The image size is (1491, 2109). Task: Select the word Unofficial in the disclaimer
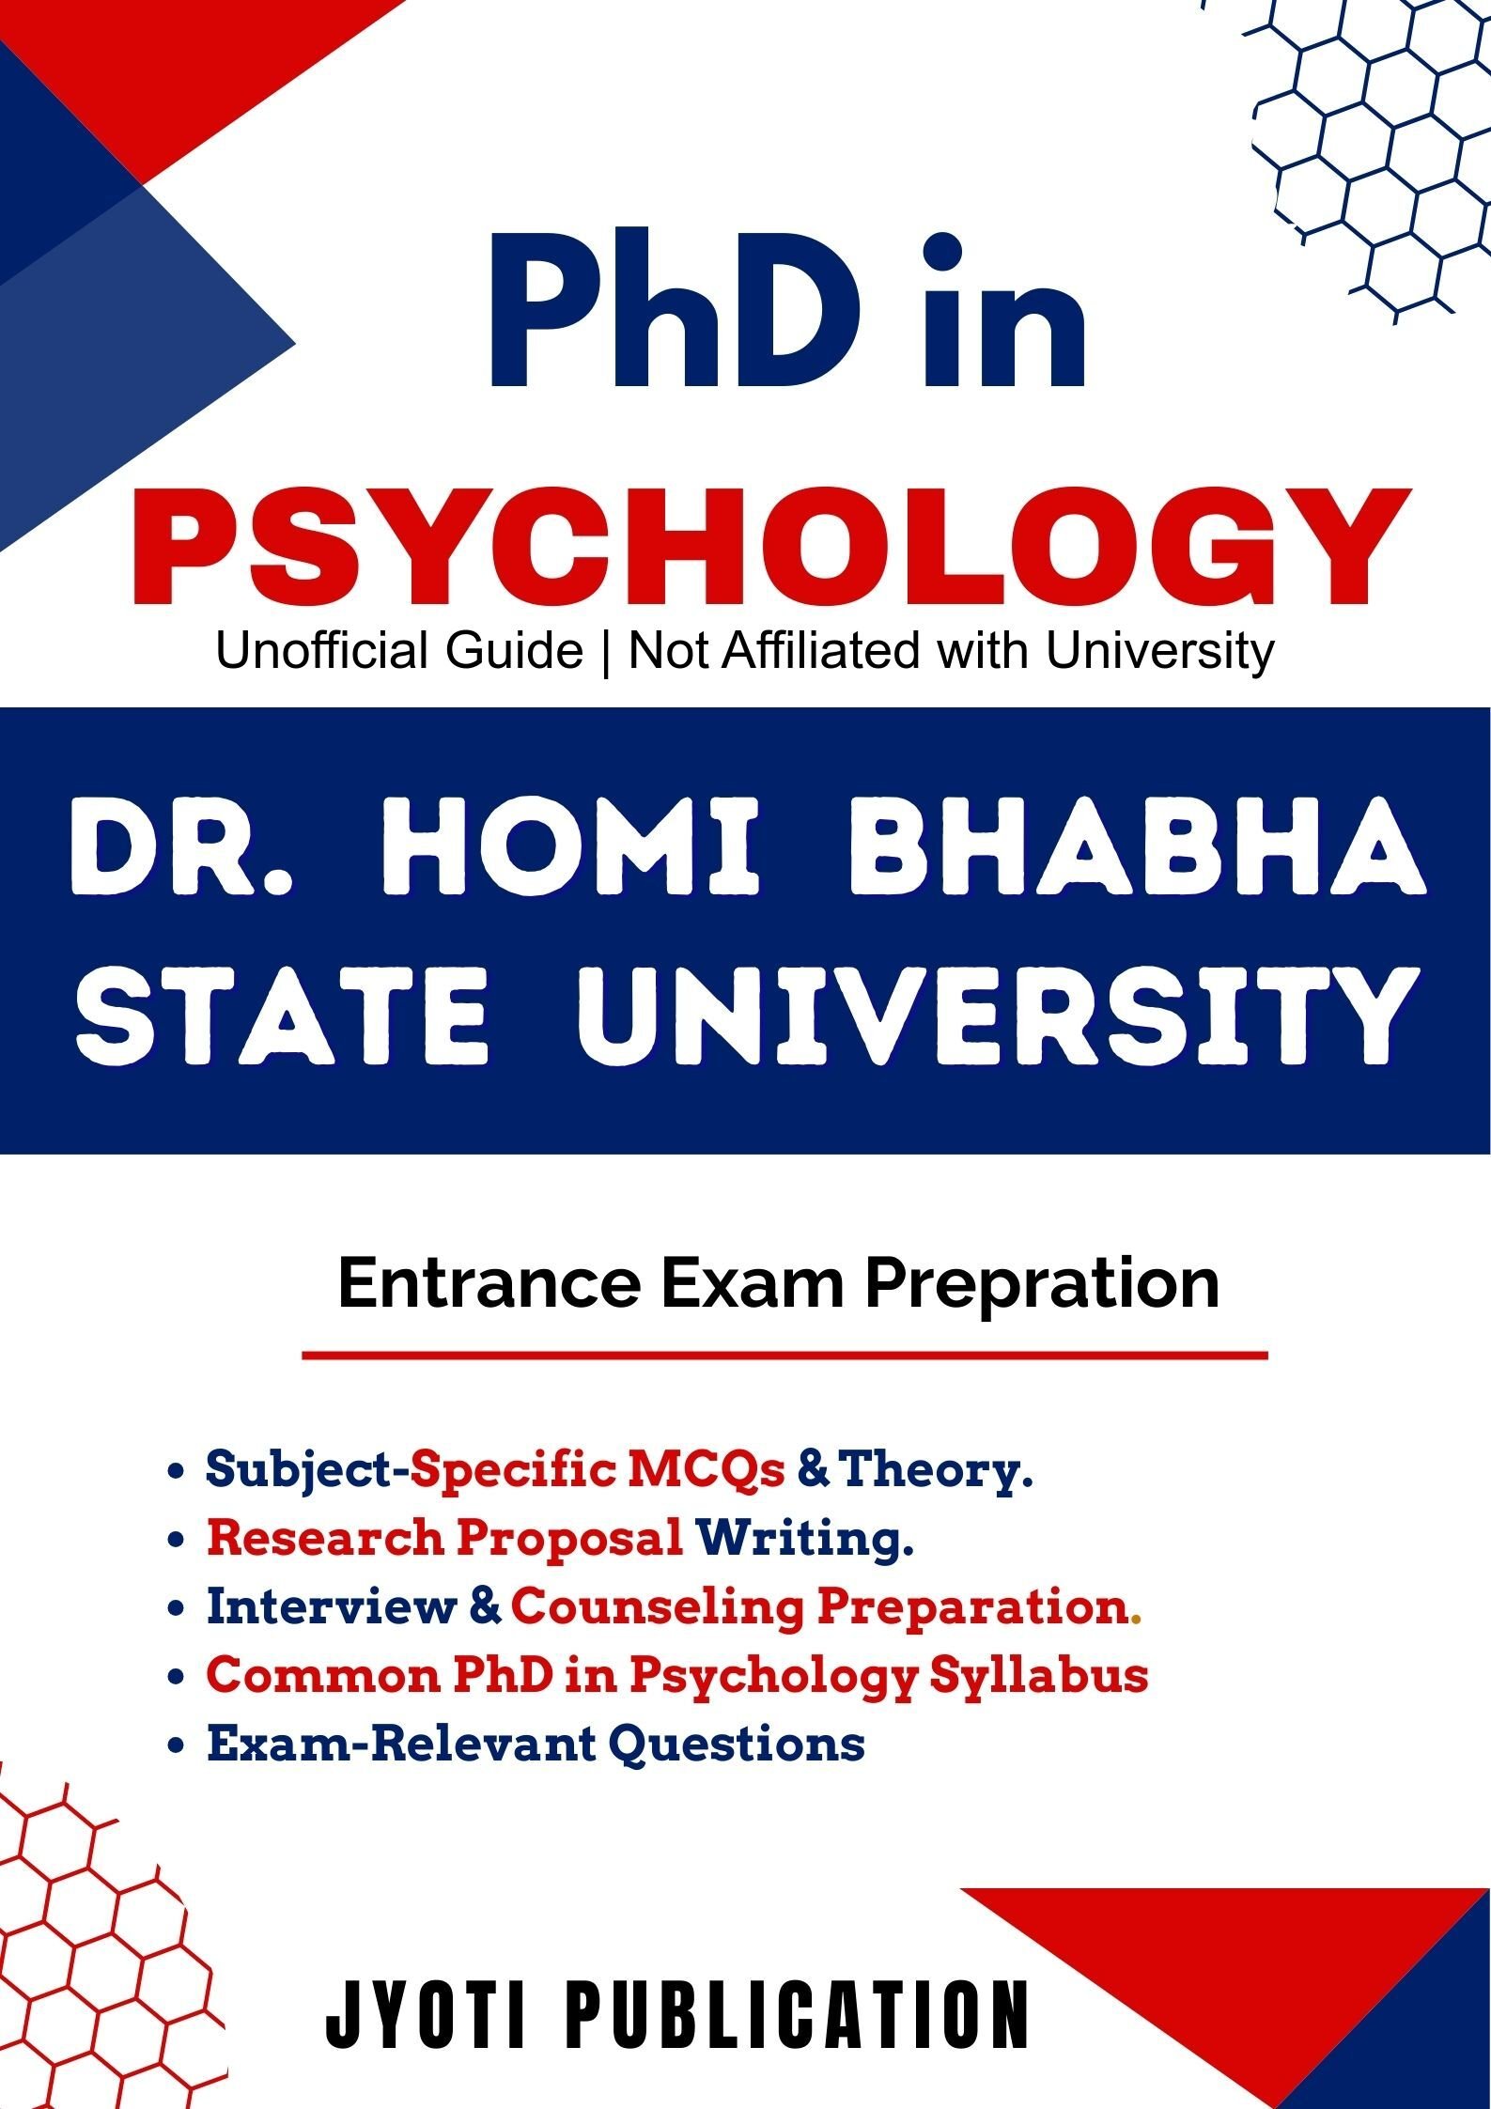[x=399, y=650]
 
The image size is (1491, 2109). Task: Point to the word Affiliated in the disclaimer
[x=822, y=650]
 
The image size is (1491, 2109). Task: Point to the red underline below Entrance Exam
[x=784, y=1356]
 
